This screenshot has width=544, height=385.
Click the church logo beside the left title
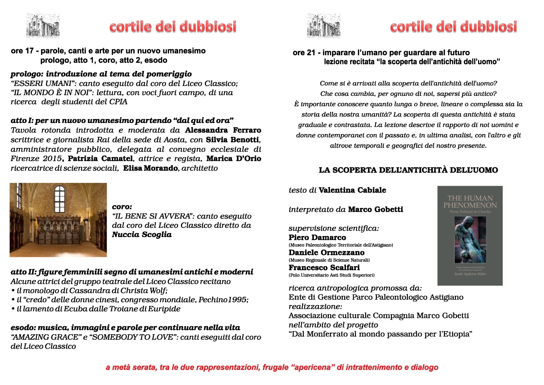point(43,26)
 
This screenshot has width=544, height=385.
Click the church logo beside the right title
point(323,26)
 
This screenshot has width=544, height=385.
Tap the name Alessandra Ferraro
point(223,130)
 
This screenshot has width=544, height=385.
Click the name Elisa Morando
point(150,168)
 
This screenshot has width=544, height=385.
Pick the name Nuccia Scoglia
point(142,235)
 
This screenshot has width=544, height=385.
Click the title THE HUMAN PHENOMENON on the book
point(470,201)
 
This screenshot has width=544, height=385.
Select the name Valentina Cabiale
point(352,190)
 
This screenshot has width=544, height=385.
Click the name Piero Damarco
point(317,237)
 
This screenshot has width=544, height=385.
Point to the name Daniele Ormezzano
point(326,252)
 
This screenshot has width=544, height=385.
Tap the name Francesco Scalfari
point(324,267)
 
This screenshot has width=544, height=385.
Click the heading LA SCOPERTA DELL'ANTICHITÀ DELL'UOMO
point(408,170)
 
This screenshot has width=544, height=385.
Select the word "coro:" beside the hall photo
point(122,207)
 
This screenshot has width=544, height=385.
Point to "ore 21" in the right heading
point(304,53)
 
